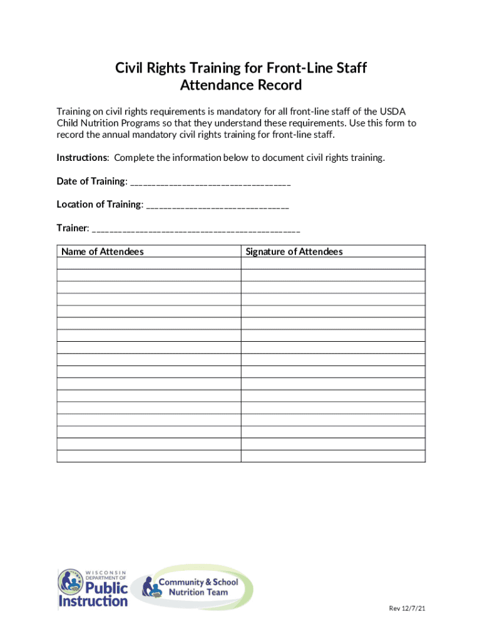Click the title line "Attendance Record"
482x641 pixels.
point(241,85)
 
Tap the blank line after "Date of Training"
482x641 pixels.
point(210,182)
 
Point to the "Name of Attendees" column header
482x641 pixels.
point(103,252)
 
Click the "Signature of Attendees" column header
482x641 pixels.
point(294,252)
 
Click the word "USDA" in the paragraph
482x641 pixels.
point(401,111)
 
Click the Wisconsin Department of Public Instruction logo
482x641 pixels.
point(93,588)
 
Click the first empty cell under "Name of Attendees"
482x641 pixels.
point(148,264)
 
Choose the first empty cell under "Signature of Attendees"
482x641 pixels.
point(333,264)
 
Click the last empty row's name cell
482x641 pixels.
point(148,456)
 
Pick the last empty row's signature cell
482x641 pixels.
point(333,456)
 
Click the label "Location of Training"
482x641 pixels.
point(100,205)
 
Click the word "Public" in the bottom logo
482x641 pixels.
point(106,588)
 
